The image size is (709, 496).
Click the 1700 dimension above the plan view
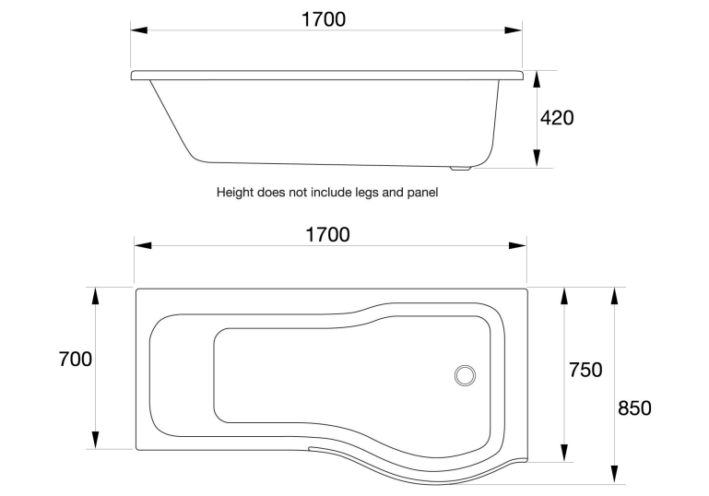(327, 234)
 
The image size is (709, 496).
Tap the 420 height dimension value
(557, 118)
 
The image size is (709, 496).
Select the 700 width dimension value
(75, 359)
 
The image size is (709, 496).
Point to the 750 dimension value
(585, 370)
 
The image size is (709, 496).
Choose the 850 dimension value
(634, 407)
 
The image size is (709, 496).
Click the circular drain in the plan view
(466, 375)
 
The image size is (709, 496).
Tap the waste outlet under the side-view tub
(459, 169)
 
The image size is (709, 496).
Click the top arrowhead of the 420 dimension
(537, 78)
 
